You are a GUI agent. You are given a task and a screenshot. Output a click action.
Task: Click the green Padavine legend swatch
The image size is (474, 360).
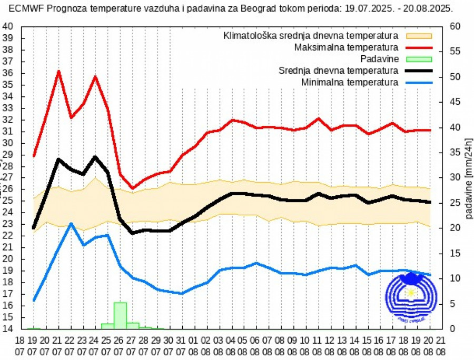point(419,59)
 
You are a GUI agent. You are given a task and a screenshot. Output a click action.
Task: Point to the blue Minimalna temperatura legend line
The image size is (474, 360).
point(419,83)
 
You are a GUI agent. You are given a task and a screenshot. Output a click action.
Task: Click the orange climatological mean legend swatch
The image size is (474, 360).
point(419,36)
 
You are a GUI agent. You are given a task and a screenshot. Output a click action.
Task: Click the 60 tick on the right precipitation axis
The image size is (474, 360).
point(456,26)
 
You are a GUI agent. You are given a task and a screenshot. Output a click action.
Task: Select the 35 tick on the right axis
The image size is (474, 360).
point(456,153)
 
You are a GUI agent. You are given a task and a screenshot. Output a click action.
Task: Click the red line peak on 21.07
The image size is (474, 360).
point(58,71)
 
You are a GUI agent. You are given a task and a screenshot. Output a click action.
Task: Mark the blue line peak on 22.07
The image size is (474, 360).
point(71,224)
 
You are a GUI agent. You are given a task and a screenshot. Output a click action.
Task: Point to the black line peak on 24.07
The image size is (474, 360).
point(95,157)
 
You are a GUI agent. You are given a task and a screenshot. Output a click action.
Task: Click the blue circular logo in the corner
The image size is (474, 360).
point(411,298)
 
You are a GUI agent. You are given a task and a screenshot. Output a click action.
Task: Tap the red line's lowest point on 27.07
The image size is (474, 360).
point(132,188)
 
